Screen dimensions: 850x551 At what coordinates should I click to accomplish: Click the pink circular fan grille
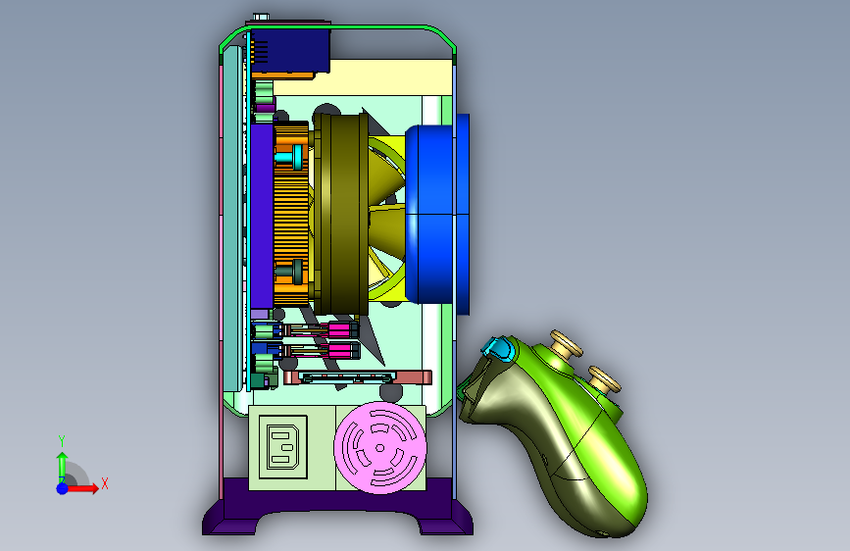tap(380, 448)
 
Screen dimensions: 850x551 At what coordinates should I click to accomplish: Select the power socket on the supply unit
tap(283, 447)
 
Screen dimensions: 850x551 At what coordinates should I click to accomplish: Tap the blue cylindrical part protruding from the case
tap(437, 214)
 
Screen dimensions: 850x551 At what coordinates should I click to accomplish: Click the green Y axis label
tap(62, 441)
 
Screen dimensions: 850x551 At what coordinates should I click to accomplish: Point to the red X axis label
tap(105, 483)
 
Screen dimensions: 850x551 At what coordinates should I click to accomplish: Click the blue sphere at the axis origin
tap(63, 488)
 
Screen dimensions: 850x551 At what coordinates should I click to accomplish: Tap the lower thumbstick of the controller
tap(604, 379)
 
